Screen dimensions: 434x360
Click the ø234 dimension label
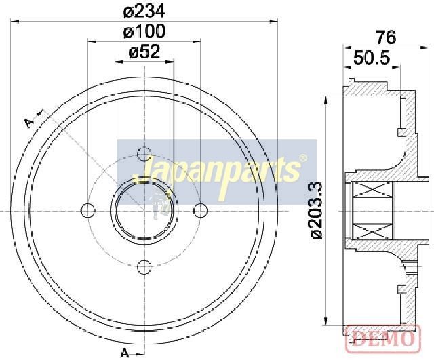[144, 12]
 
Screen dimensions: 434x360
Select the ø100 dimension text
[144, 32]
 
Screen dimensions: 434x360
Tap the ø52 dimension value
[144, 52]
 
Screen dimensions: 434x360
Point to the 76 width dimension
[387, 37]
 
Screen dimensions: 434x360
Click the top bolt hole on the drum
[144, 154]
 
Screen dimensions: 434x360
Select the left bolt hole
[87, 211]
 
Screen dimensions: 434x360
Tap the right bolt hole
[201, 211]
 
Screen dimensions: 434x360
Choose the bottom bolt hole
[144, 267]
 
